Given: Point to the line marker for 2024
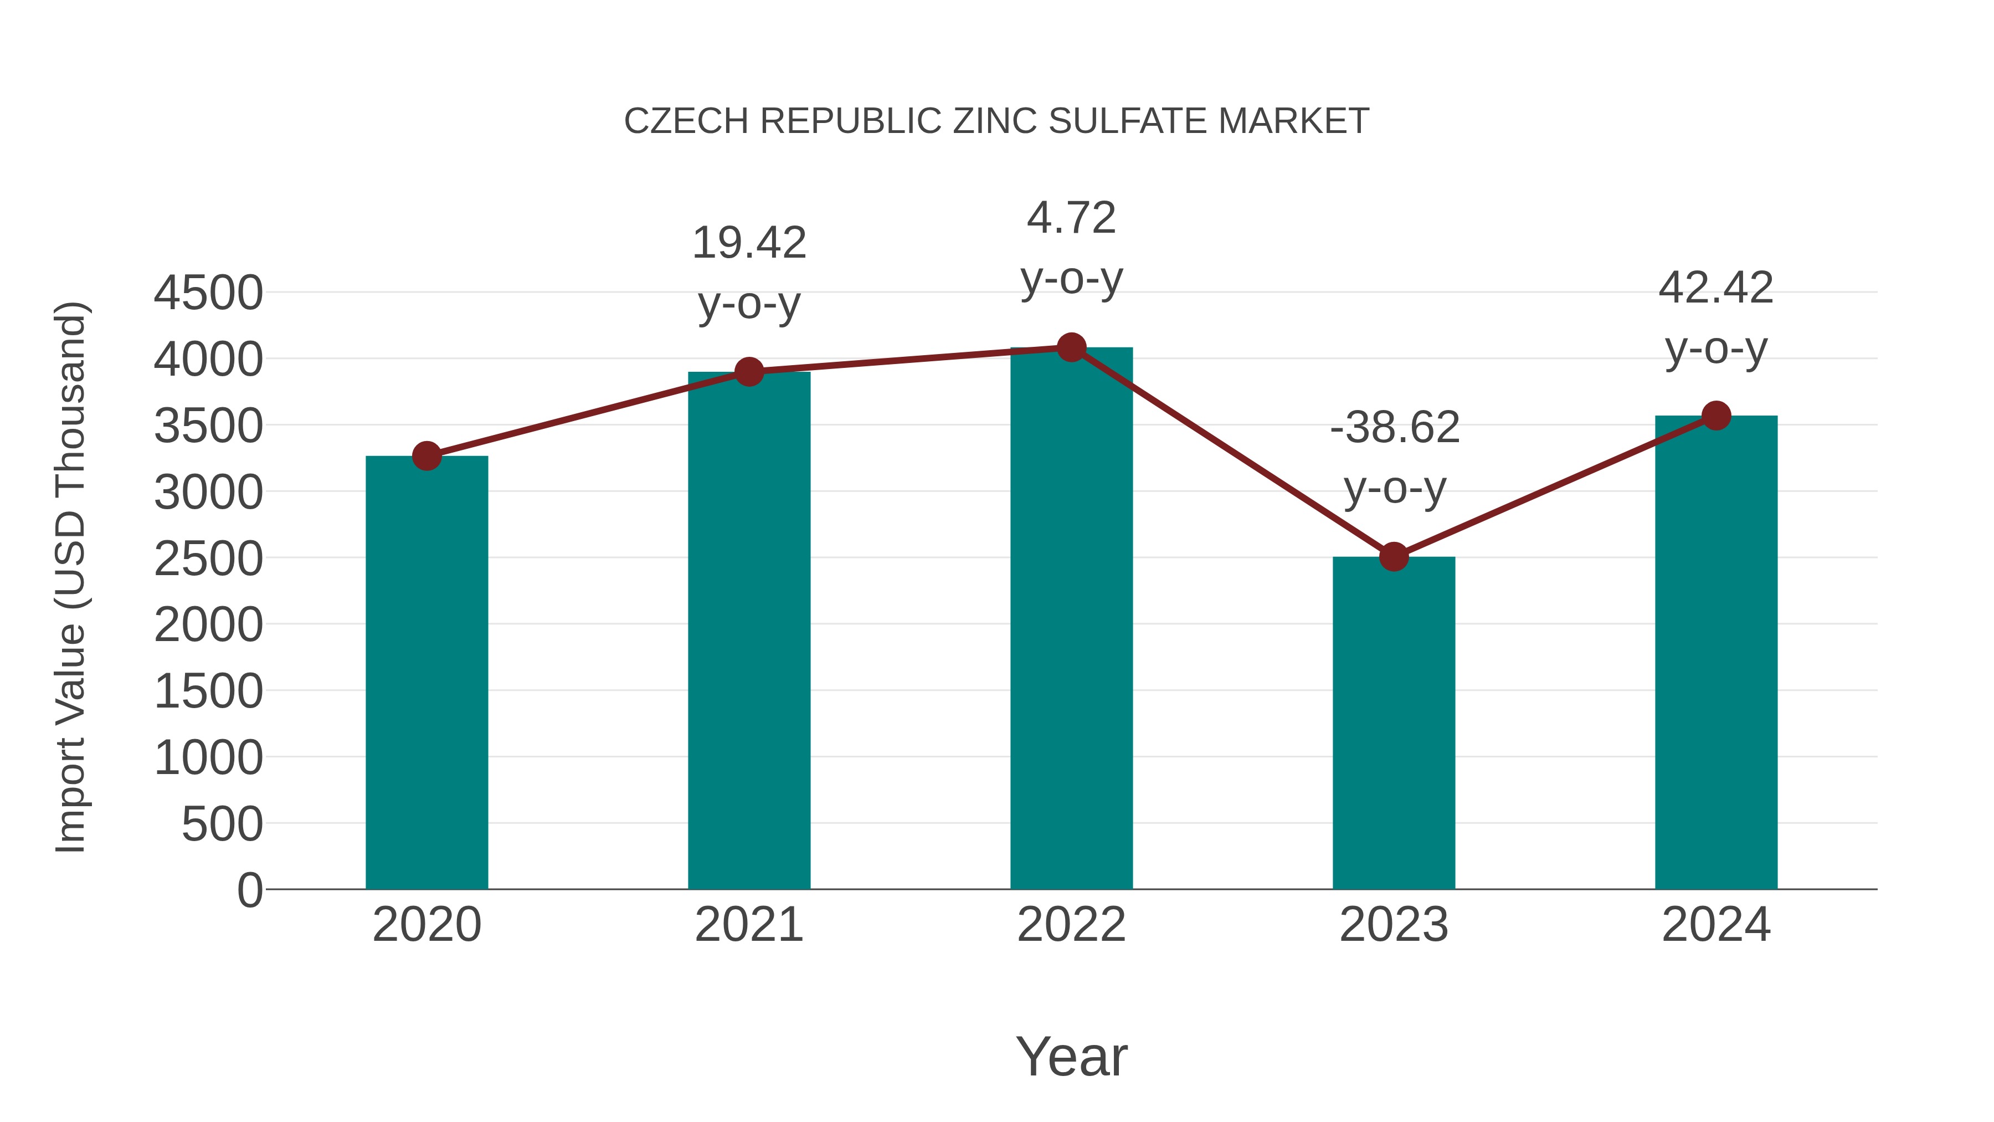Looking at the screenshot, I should click(x=1716, y=416).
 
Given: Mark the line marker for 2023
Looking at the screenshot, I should click(x=1394, y=557).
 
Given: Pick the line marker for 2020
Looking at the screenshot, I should click(x=426, y=456).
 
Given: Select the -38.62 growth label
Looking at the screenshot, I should click(x=1395, y=427).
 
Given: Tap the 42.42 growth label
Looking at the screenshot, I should click(x=1716, y=289).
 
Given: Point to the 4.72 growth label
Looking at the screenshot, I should click(x=1071, y=218).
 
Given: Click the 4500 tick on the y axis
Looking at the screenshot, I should click(x=208, y=294).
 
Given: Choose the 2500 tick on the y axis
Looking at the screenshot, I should click(x=208, y=559).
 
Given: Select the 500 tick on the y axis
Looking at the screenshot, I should click(x=222, y=824).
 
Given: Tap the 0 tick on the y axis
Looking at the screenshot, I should click(x=250, y=890).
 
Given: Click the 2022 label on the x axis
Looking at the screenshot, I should click(x=1071, y=925).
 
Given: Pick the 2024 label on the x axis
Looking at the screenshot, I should click(x=1716, y=925).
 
